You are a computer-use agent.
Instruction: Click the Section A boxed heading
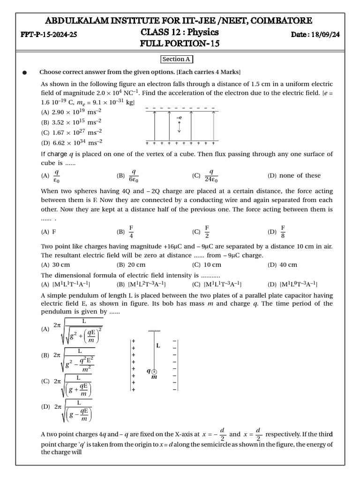pyautogui.click(x=177, y=59)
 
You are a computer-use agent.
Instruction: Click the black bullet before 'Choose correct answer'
pyautogui.click(x=24, y=73)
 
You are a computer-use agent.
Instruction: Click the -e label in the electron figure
pyautogui.click(x=179, y=118)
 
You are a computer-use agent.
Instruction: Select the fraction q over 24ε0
pyautogui.click(x=211, y=176)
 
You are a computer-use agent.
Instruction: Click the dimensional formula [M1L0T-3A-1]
pyautogui.click(x=299, y=284)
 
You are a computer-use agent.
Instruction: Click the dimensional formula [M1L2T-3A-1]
pyautogui.click(x=147, y=284)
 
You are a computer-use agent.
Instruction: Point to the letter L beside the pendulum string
pyautogui.click(x=158, y=345)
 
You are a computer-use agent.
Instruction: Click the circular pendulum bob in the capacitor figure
pyautogui.click(x=154, y=372)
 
